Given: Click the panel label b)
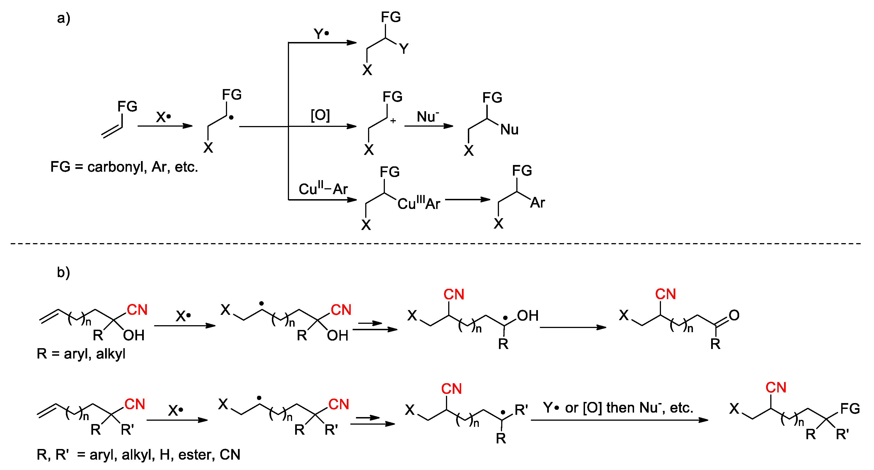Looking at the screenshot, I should pyautogui.click(x=63, y=272).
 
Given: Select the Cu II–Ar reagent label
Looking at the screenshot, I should pyautogui.click(x=323, y=189).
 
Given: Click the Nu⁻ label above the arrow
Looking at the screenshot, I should pyautogui.click(x=427, y=117).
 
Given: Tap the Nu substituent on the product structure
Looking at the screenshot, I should pyautogui.click(x=509, y=129).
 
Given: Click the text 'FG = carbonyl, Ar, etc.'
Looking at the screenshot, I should pyautogui.click(x=124, y=167).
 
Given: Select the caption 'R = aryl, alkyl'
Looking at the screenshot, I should pyautogui.click(x=81, y=354).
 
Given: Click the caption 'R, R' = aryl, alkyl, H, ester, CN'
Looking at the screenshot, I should pyautogui.click(x=138, y=454).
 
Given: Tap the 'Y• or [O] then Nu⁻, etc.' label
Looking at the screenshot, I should pyautogui.click(x=618, y=408).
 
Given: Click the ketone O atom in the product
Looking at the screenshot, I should pyautogui.click(x=734, y=315).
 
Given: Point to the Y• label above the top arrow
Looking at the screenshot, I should pyautogui.click(x=321, y=34).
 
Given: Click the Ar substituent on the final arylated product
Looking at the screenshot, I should pyautogui.click(x=537, y=203).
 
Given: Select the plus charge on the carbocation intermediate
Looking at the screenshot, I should pyautogui.click(x=393, y=121).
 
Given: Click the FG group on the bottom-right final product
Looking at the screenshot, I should pyautogui.click(x=850, y=408).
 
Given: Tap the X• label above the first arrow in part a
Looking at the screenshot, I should pyautogui.click(x=163, y=117).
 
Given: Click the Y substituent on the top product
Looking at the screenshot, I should pyautogui.click(x=404, y=49).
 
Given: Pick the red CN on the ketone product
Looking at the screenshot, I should pyautogui.click(x=665, y=294).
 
